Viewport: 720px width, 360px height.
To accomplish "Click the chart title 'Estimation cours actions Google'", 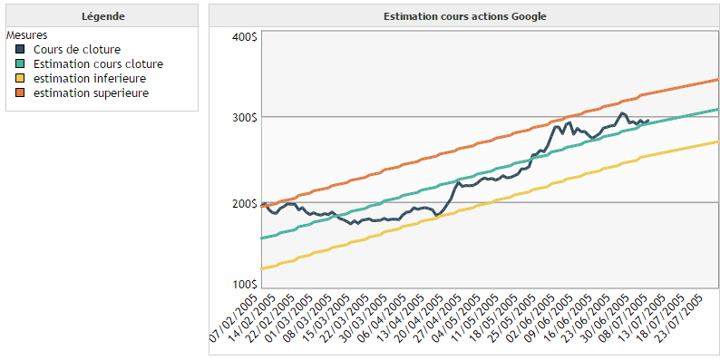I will (x=464, y=16).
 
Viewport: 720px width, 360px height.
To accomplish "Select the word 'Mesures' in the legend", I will (x=25, y=34).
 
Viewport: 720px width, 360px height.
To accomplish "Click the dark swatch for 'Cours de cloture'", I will (x=21, y=50).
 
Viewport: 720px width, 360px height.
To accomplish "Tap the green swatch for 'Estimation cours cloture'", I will (x=21, y=64).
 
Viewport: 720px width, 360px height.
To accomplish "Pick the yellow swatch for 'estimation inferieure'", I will (x=21, y=79).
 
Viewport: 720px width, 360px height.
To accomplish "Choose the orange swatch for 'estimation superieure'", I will (x=21, y=93).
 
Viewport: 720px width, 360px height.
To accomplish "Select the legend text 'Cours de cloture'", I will (x=76, y=50).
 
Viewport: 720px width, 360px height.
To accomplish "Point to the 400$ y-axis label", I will (x=244, y=37).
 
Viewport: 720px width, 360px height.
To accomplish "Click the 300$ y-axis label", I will (x=244, y=118).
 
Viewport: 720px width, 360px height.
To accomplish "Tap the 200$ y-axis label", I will (x=244, y=204).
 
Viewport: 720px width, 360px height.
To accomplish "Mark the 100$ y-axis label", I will (x=244, y=285).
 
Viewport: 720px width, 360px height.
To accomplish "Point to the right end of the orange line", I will (x=718, y=80).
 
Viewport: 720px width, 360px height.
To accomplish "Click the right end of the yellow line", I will (x=718, y=141).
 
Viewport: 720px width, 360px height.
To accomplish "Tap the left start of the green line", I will (x=262, y=238).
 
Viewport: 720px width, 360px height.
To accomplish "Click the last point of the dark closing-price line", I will (x=647, y=120).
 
